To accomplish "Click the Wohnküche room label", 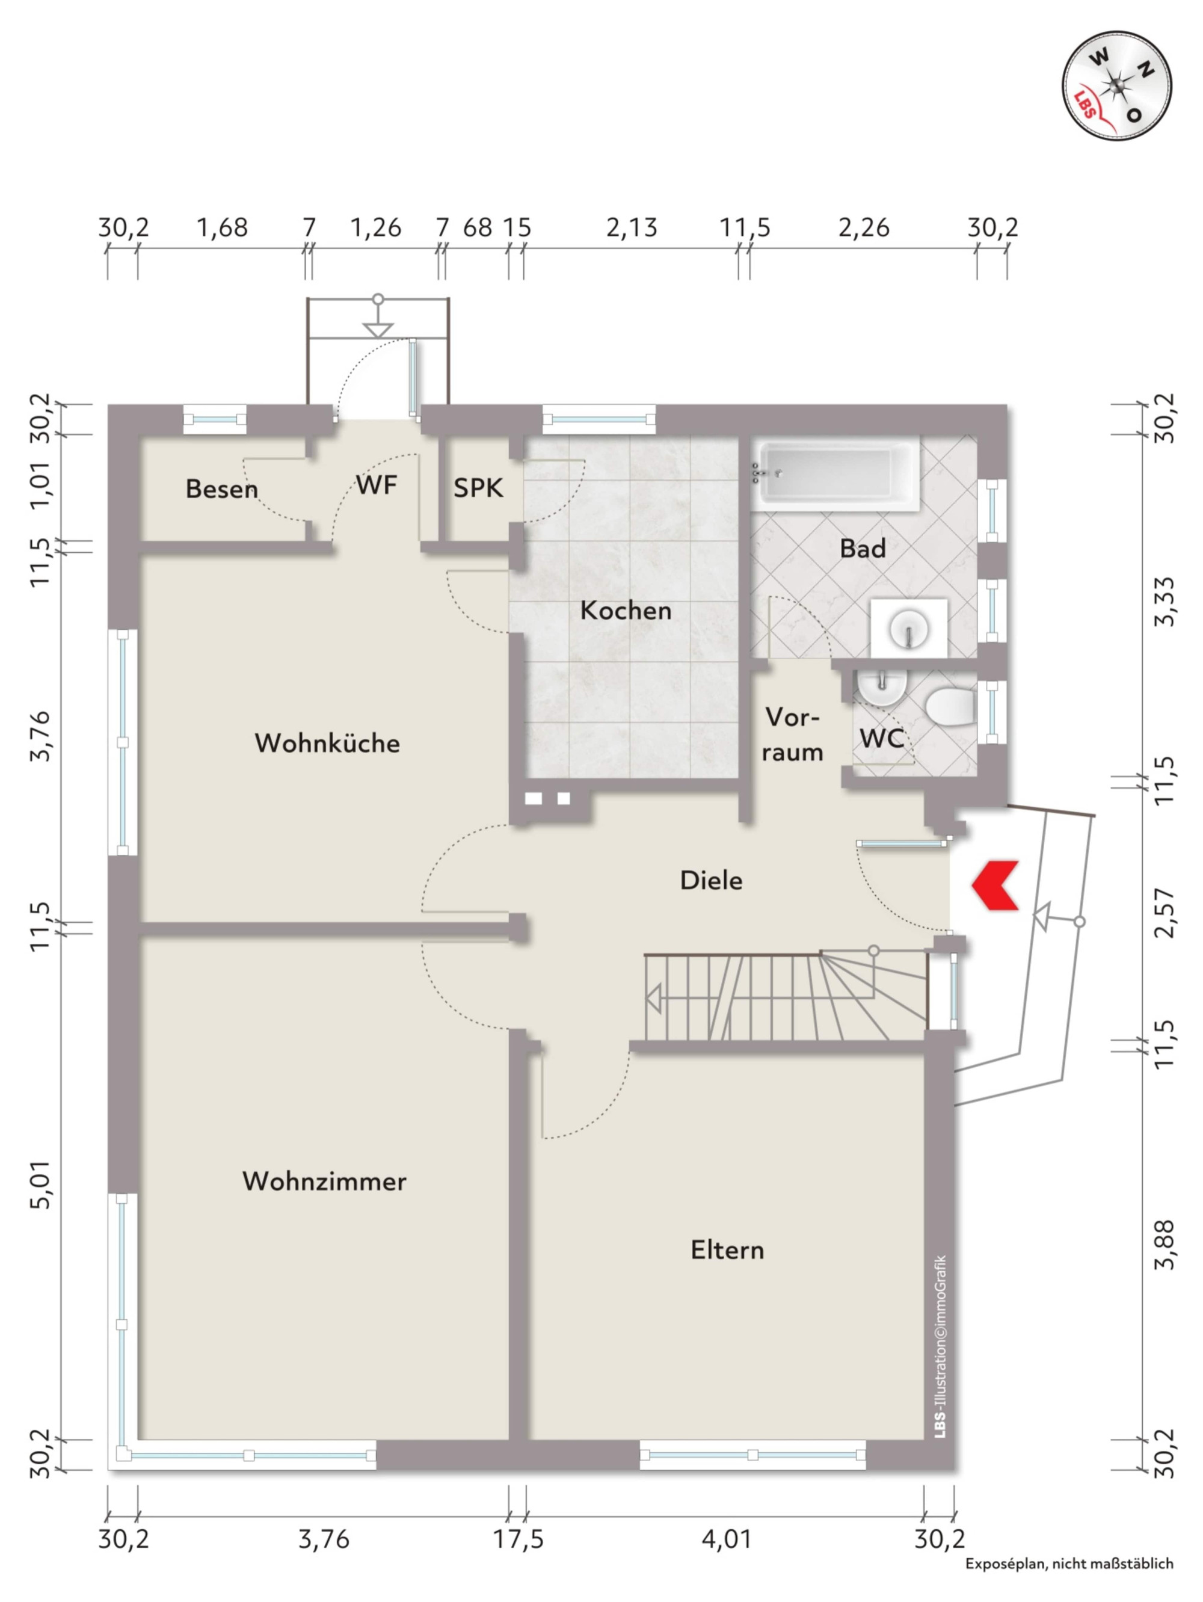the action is [x=327, y=742].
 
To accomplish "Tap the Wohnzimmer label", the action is [x=324, y=1181].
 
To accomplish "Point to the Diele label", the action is [x=710, y=880].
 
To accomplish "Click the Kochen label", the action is [x=626, y=611].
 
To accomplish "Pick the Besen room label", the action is [x=221, y=489].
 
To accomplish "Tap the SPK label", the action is [x=478, y=487].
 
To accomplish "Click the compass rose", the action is [x=1117, y=86].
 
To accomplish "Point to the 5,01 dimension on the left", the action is [x=42, y=1184].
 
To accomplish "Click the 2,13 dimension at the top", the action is [x=632, y=227].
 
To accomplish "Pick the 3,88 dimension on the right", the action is [x=1165, y=1244].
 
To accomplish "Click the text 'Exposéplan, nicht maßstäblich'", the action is [x=1069, y=1584].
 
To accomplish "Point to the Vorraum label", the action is [x=793, y=735].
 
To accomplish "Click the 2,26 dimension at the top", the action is [x=863, y=227].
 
